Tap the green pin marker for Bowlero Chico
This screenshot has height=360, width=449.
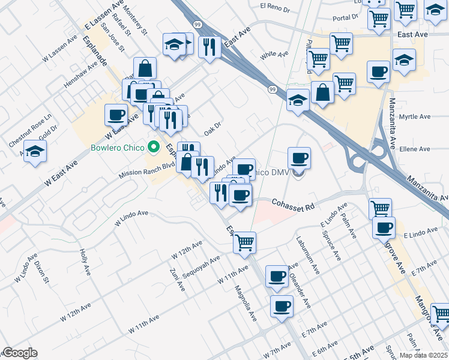click(154, 146)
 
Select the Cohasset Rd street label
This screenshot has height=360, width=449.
click(294, 206)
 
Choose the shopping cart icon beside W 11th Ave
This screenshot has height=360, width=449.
click(244, 242)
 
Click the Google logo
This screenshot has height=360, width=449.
click(20, 353)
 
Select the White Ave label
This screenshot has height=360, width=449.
click(274, 55)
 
